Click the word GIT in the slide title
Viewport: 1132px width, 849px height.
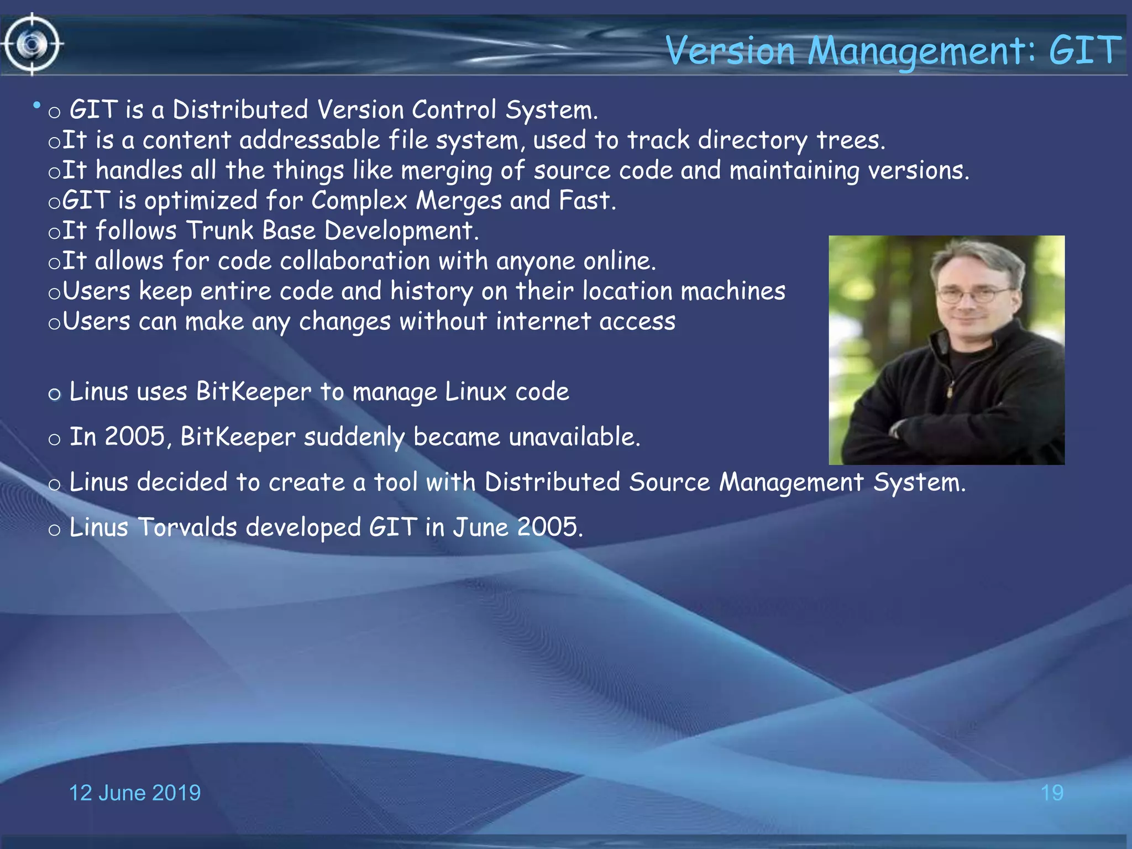point(1084,50)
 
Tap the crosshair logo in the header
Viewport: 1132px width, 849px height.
point(32,44)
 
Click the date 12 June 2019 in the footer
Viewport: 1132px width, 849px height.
point(134,793)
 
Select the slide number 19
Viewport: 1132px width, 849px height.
point(1052,793)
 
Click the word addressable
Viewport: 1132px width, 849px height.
point(310,140)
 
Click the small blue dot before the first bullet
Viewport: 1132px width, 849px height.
point(36,104)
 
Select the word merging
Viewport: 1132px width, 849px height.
point(446,171)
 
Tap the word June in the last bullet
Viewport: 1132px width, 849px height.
point(480,527)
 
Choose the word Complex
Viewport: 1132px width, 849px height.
point(359,200)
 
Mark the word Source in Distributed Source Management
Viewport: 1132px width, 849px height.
point(669,482)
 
